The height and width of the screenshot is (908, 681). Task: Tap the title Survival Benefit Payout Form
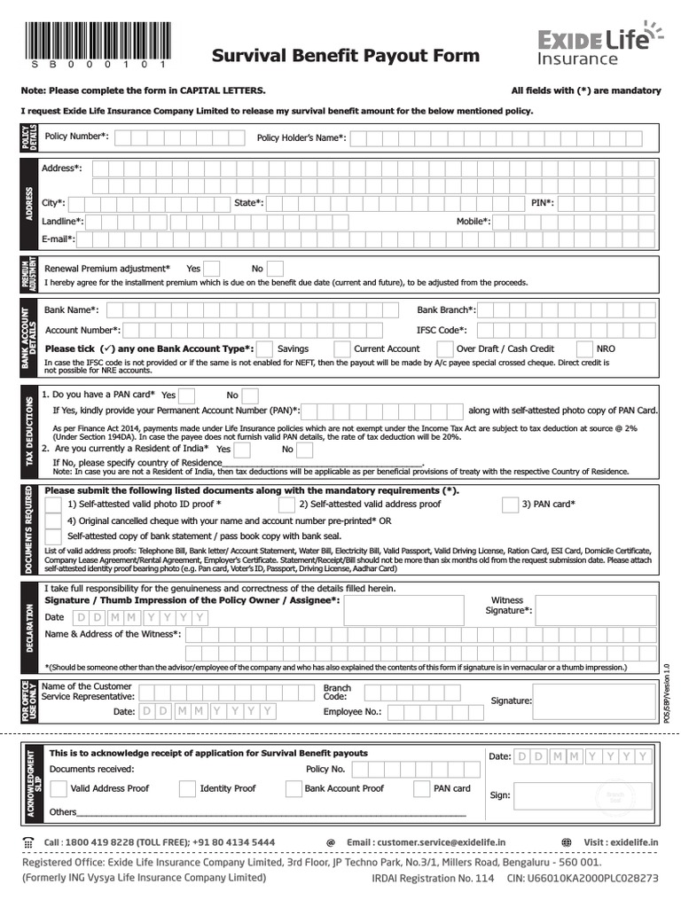[x=346, y=57]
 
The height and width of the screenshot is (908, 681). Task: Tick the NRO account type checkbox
[x=585, y=349]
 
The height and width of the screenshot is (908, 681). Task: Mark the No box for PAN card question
[x=250, y=395]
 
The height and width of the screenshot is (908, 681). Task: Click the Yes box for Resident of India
[x=243, y=450]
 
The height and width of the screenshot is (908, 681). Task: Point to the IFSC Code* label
[x=442, y=330]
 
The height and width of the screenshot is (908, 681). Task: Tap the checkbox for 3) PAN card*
[x=510, y=505]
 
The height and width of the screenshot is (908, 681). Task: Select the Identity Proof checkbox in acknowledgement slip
[x=188, y=788]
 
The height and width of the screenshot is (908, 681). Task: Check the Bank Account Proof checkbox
[x=293, y=788]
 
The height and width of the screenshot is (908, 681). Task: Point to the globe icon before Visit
[x=567, y=842]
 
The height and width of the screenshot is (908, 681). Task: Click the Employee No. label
[x=352, y=711]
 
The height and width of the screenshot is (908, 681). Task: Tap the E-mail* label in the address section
[x=59, y=239]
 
